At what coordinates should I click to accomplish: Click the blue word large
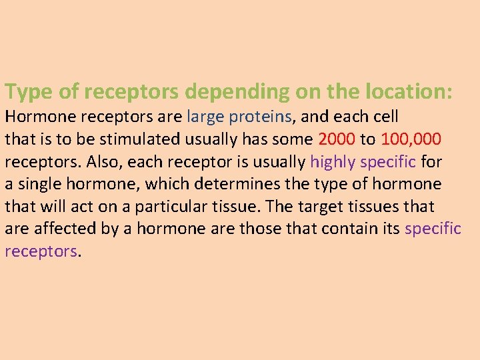205,117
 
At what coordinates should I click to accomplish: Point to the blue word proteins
260,117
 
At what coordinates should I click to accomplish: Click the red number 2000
337,139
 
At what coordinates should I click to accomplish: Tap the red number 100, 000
411,139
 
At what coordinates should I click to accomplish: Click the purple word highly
333,162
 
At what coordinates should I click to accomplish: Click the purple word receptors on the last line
41,251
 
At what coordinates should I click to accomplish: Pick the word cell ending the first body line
385,117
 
